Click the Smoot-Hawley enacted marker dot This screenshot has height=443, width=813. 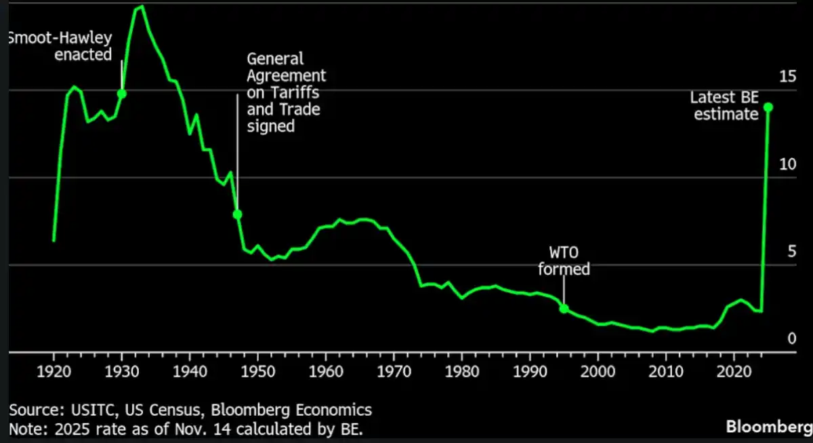tap(122, 94)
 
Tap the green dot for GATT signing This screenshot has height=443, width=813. tap(237, 214)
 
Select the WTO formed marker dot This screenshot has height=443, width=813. tap(564, 309)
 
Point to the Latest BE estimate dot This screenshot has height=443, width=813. tap(768, 107)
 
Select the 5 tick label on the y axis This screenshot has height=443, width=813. tap(791, 252)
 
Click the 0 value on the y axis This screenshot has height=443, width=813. tap(791, 339)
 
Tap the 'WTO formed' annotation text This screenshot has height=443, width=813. tap(564, 261)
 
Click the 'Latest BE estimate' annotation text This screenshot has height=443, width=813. tap(724, 106)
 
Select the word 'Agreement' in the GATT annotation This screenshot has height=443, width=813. tap(286, 75)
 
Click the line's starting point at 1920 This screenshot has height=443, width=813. tap(54, 240)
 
